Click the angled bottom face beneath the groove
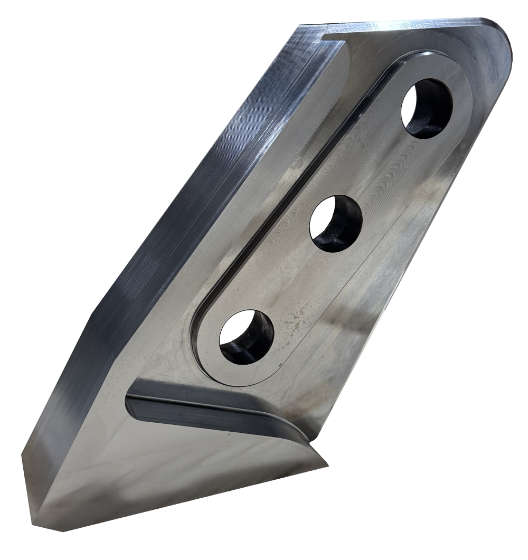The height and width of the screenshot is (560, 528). coord(174,475)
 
